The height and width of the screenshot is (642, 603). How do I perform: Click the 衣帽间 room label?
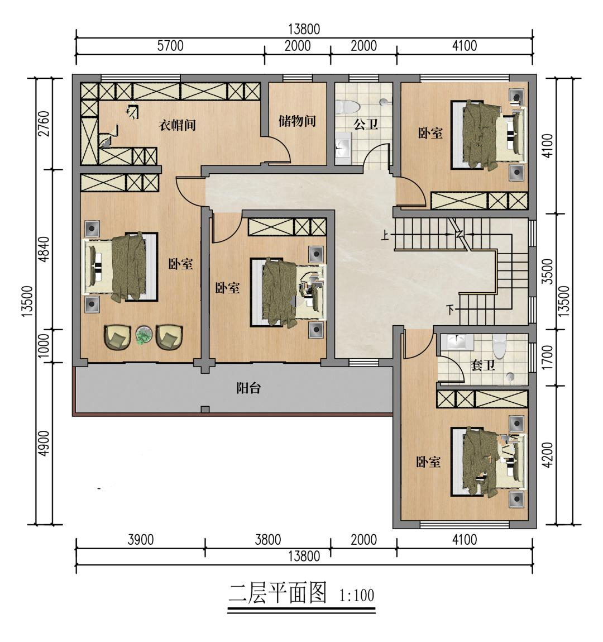click(177, 125)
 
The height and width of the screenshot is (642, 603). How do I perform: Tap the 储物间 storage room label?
click(297, 121)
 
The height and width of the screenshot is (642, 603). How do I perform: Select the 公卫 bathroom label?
click(366, 124)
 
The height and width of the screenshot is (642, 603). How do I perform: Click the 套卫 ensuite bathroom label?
click(483, 365)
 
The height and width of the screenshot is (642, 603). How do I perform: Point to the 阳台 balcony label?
click(248, 388)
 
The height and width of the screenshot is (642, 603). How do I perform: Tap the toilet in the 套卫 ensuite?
click(500, 347)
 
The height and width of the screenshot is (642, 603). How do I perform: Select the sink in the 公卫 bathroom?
click(343, 148)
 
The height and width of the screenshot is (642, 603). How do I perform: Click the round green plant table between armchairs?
click(143, 336)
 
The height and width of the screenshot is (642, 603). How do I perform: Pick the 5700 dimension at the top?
click(170, 45)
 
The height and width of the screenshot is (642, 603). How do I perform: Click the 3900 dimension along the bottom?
click(141, 539)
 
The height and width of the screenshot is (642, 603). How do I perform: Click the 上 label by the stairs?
click(384, 235)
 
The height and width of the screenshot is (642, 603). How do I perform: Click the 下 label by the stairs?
click(451, 310)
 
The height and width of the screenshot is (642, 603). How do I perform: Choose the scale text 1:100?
click(357, 595)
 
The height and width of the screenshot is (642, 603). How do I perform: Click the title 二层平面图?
click(277, 594)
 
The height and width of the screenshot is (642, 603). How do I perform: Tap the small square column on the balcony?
click(205, 410)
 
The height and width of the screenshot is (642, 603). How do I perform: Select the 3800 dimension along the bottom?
click(268, 539)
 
